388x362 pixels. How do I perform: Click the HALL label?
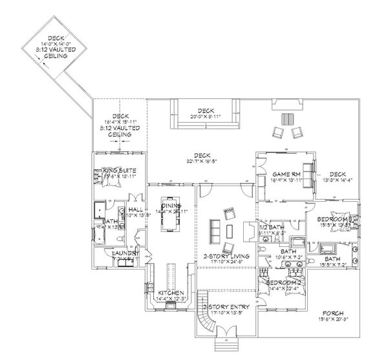(136, 210)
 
